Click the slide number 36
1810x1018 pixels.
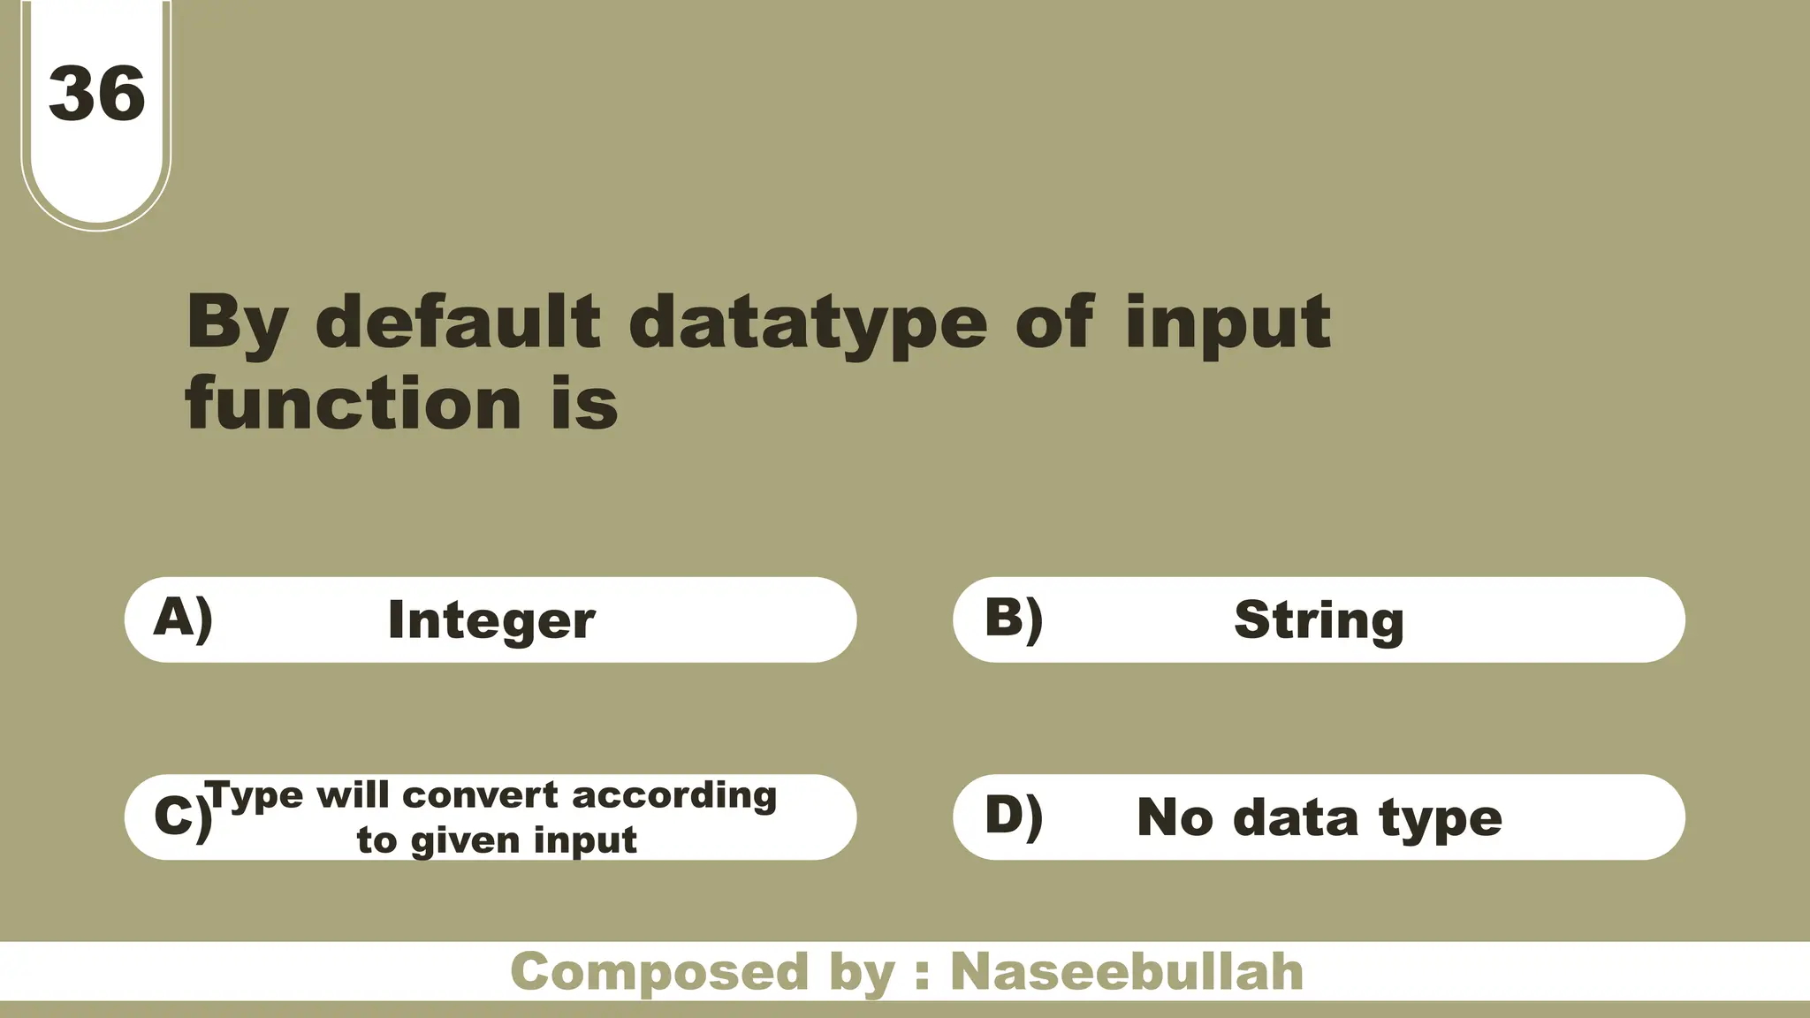[97, 94]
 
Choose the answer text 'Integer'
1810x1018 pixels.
[491, 620]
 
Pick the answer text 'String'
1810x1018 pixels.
[1319, 619]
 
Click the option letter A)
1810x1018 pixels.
[183, 618]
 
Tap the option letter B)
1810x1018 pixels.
[1014, 618]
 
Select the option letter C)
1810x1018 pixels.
[182, 816]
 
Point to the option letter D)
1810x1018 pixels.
[1014, 815]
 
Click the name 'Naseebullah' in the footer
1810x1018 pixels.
[1127, 972]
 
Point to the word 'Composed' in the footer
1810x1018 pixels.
[659, 972]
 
